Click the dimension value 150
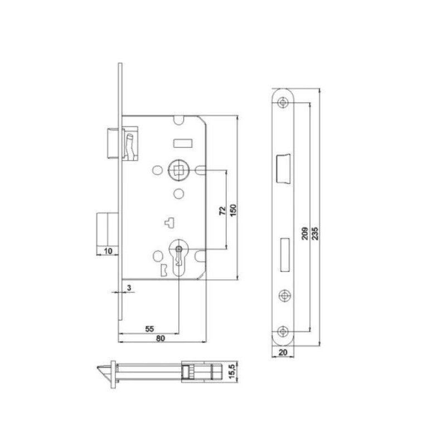[x=233, y=211]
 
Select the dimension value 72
[x=222, y=211]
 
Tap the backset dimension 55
[x=149, y=329]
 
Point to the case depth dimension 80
[x=161, y=338]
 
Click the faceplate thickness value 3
[x=129, y=288]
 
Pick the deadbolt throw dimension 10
[x=108, y=251]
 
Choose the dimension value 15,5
[x=232, y=372]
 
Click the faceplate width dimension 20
[x=283, y=352]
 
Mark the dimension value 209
[x=304, y=233]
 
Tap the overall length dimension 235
[x=315, y=233]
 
